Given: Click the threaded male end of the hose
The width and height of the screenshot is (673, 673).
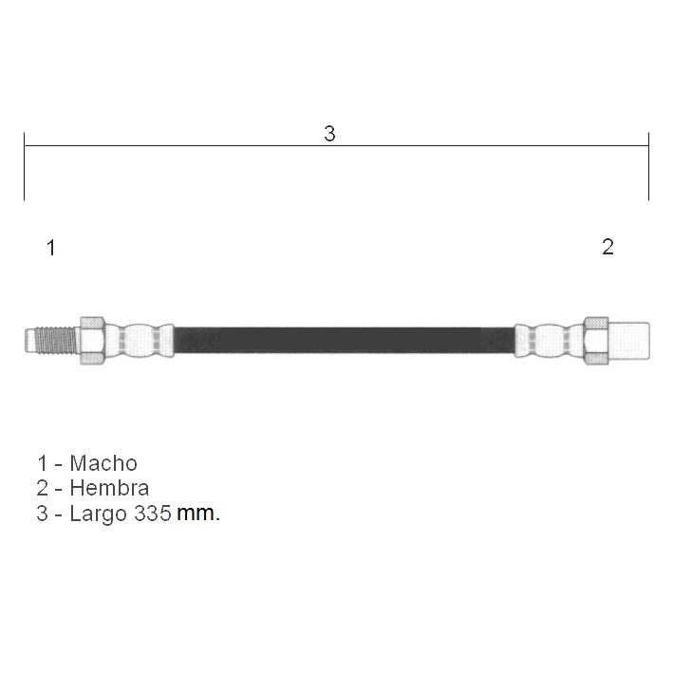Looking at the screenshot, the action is [51, 341].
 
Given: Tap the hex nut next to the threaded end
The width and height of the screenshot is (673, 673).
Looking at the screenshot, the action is [92, 341].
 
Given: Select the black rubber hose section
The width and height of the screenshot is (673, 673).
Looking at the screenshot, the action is [345, 341].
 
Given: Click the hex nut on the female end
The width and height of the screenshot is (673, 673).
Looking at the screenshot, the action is [596, 341].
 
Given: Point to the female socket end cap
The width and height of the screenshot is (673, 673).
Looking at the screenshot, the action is [628, 341].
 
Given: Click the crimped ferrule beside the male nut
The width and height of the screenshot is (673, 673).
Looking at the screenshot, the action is [140, 341].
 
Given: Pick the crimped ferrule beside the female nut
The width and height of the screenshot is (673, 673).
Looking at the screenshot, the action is [549, 341].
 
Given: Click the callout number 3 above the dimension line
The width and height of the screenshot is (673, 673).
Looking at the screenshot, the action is [329, 134].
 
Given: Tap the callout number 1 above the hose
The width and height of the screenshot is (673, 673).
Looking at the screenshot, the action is [51, 248].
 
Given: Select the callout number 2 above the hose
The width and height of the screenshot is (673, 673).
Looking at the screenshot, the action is [608, 247].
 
